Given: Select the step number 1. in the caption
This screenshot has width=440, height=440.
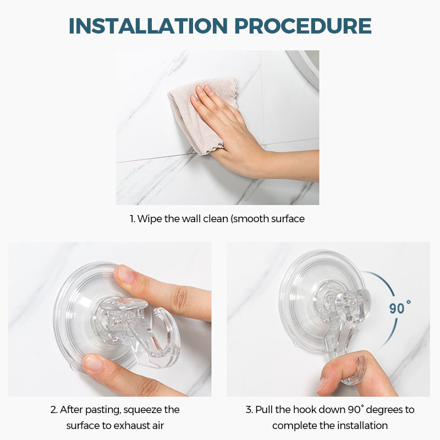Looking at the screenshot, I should point(132,219).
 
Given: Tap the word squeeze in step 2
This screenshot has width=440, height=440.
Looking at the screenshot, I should point(149,410).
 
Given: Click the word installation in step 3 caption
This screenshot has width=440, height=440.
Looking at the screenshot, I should point(360,426).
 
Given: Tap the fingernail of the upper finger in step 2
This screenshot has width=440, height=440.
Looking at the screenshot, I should point(126,274).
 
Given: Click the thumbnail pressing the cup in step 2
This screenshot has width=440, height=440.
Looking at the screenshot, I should point(94,363).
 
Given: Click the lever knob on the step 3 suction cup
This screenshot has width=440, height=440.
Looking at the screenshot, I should point(352,300).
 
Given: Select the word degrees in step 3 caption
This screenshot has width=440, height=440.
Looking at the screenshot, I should point(377,410).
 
